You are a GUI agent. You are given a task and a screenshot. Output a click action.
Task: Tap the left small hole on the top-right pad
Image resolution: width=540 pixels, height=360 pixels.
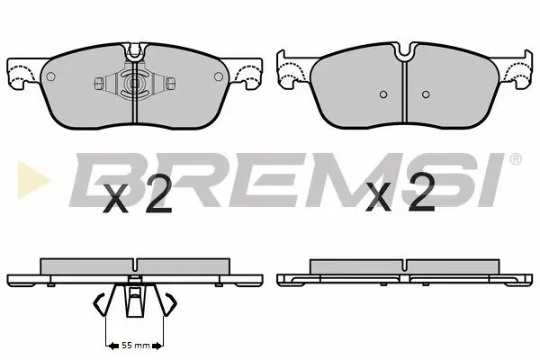tap(382, 94)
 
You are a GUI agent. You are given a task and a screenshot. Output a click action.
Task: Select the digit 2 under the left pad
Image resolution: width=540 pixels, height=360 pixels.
tap(157, 194)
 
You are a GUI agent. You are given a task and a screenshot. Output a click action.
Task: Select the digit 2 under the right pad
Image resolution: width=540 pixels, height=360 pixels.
tap(420, 194)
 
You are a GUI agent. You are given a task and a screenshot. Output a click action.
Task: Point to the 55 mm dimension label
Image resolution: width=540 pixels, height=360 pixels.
tap(135, 346)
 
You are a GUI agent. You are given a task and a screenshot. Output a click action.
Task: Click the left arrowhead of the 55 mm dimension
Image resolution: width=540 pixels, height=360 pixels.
tap(110, 346)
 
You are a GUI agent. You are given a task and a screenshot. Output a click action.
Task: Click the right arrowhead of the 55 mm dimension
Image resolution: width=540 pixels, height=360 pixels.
tap(160, 346)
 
